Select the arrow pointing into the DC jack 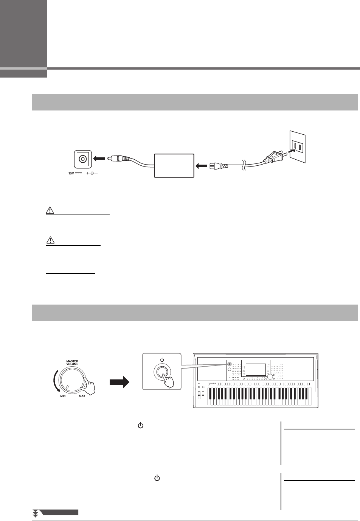click(99, 159)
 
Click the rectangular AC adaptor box click(174, 165)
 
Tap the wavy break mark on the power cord click(244, 165)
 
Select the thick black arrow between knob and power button click(119, 383)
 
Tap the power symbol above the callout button click(161, 359)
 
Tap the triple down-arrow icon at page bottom click(36, 513)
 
